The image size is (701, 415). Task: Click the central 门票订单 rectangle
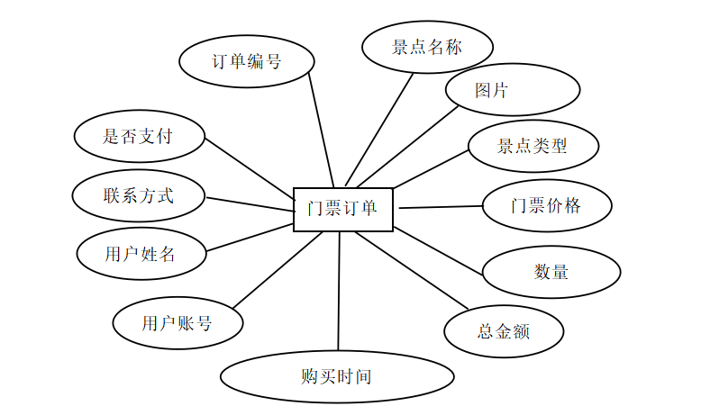coord(344,209)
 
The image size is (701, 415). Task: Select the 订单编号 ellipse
coord(246,62)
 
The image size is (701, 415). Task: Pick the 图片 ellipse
coord(512,90)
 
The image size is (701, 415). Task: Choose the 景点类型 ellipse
coord(533,146)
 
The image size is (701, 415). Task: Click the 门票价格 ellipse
coord(546,205)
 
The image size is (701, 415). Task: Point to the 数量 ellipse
coord(551,271)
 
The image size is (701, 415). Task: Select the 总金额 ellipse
coord(504,330)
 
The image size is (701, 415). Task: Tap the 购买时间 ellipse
coord(336,377)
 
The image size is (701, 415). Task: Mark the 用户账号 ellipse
coord(178,323)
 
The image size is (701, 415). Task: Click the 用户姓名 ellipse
coord(141,254)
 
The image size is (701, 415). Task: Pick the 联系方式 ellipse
coord(138,195)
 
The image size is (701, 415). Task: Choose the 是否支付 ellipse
coord(138,137)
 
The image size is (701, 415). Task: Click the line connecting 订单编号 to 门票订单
coord(321,129)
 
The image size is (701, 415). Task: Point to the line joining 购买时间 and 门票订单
coord(339,291)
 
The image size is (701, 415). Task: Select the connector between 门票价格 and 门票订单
coord(441,207)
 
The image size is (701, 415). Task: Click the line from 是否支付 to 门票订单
coord(250,167)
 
